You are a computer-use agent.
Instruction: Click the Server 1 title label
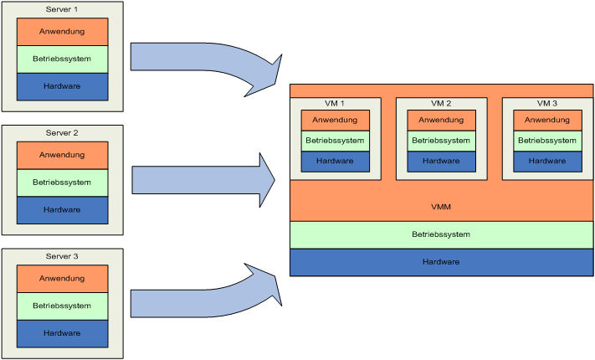pyautogui.click(x=63, y=8)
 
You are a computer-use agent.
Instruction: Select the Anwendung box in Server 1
pyautogui.click(x=63, y=32)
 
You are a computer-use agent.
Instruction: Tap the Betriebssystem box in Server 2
pyautogui.click(x=63, y=182)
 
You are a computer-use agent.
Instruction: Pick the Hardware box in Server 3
pyautogui.click(x=63, y=332)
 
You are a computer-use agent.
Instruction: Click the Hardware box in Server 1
pyautogui.click(x=63, y=86)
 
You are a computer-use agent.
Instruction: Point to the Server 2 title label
pyautogui.click(x=63, y=133)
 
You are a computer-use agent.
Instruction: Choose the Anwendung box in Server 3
pyautogui.click(x=63, y=279)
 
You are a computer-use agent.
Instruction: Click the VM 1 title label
pyautogui.click(x=335, y=104)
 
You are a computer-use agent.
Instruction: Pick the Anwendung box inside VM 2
pyautogui.click(x=441, y=120)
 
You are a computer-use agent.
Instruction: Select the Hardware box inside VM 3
pyautogui.click(x=547, y=161)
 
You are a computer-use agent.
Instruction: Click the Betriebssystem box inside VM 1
pyautogui.click(x=335, y=141)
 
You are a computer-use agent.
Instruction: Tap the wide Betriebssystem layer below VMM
pyautogui.click(x=441, y=234)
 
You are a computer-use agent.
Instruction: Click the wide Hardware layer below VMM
pyautogui.click(x=441, y=262)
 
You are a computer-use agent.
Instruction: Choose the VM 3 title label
pyautogui.click(x=547, y=104)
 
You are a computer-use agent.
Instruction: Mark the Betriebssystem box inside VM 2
pyautogui.click(x=441, y=141)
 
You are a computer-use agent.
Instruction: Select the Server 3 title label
pyautogui.click(x=63, y=255)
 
